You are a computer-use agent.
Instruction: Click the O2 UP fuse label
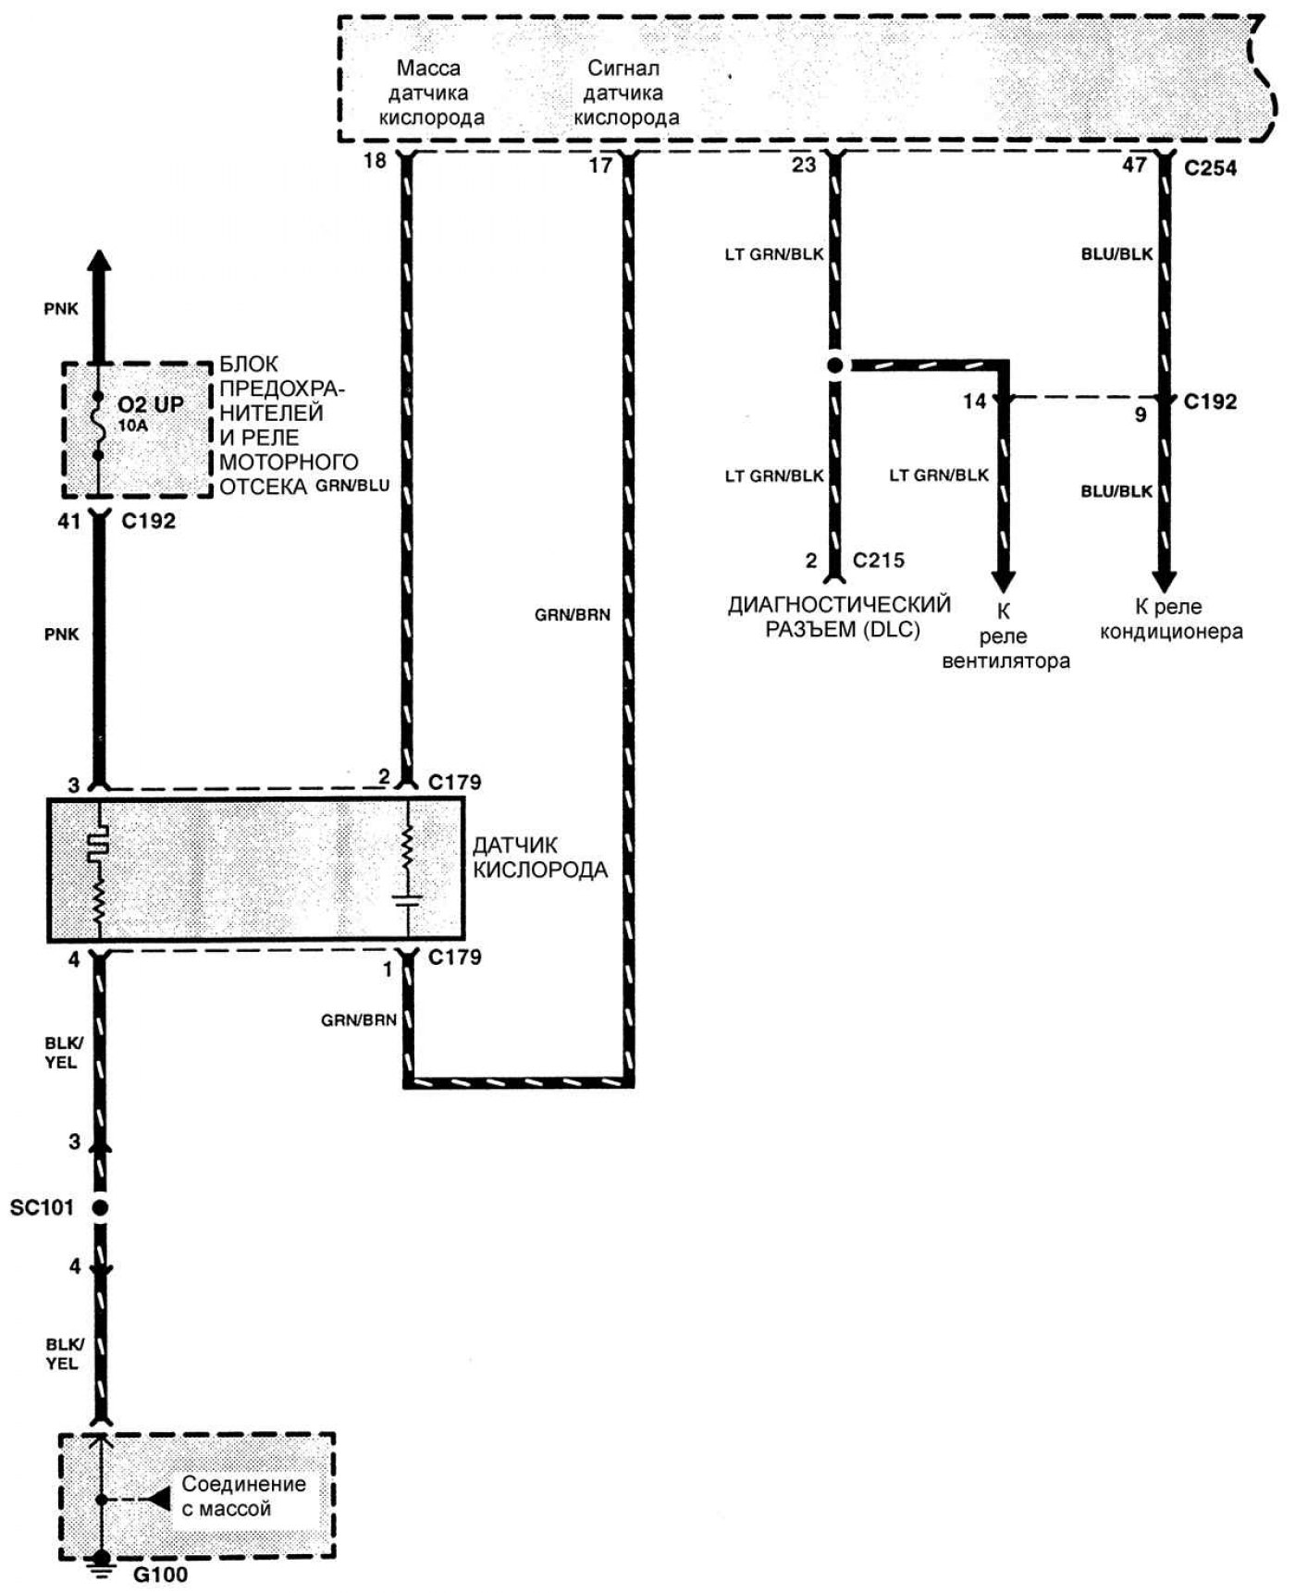(x=150, y=404)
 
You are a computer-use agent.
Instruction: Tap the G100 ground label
(x=161, y=1573)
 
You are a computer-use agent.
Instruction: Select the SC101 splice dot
(x=100, y=1207)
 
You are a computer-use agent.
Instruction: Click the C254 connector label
(x=1209, y=168)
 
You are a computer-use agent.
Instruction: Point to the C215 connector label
(x=878, y=560)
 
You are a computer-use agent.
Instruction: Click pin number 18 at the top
(x=374, y=161)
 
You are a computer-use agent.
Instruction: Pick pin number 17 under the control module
(x=600, y=166)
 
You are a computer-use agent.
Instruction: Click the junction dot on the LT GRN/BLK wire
(x=835, y=365)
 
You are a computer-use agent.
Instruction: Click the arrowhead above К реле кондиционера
(x=1165, y=581)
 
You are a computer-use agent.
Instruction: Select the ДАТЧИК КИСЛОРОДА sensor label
(x=539, y=858)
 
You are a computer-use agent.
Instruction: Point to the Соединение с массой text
(x=242, y=1496)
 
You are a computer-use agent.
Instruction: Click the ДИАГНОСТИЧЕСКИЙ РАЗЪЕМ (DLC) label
(x=839, y=616)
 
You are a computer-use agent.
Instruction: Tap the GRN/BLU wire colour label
(x=352, y=485)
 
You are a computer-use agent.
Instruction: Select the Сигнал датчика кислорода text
(x=625, y=93)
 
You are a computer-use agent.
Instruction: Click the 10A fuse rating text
(x=132, y=426)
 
